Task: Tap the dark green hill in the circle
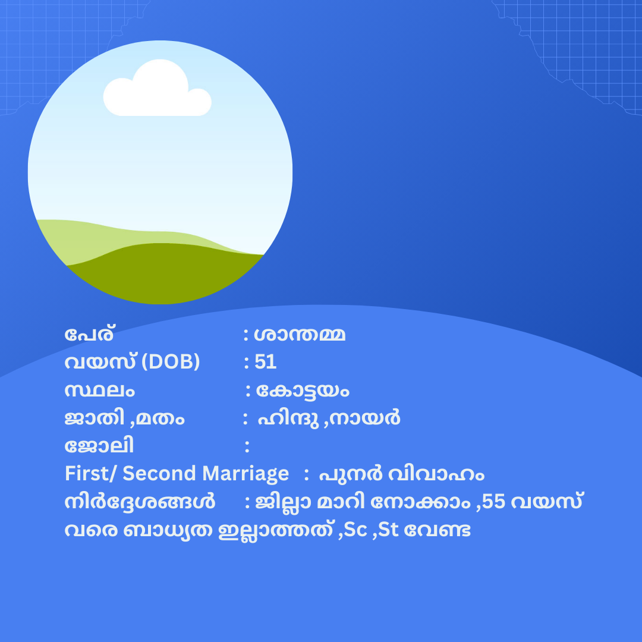(164, 272)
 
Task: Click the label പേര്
(89, 335)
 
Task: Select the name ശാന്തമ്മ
(300, 335)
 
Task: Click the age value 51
(265, 362)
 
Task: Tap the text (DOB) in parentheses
(171, 362)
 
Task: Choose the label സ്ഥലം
(99, 391)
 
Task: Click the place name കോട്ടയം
(303, 391)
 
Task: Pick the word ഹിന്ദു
(288, 418)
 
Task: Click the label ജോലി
(99, 445)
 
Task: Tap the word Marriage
(246, 474)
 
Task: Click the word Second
(159, 474)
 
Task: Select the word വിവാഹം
(436, 474)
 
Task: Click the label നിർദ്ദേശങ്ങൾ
(140, 502)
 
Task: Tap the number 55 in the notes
(494, 502)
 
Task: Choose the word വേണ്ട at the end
(438, 530)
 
